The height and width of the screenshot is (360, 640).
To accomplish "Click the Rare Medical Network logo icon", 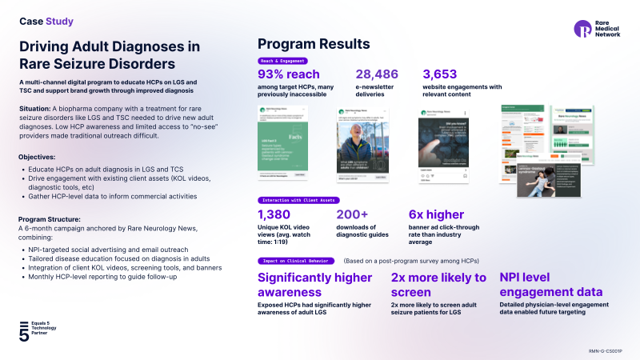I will pyautogui.click(x=582, y=29).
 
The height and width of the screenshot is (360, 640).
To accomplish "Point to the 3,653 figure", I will pyautogui.click(x=440, y=74).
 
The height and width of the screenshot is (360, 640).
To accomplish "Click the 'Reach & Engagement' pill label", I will pyautogui.click(x=282, y=61).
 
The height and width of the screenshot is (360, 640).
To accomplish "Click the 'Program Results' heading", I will pyautogui.click(x=313, y=43).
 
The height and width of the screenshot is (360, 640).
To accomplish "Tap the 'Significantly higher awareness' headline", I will pyautogui.click(x=315, y=284).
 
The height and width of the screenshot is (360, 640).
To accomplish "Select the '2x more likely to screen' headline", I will pyautogui.click(x=438, y=284).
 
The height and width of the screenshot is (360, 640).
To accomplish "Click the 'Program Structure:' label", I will pyautogui.click(x=48, y=219).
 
